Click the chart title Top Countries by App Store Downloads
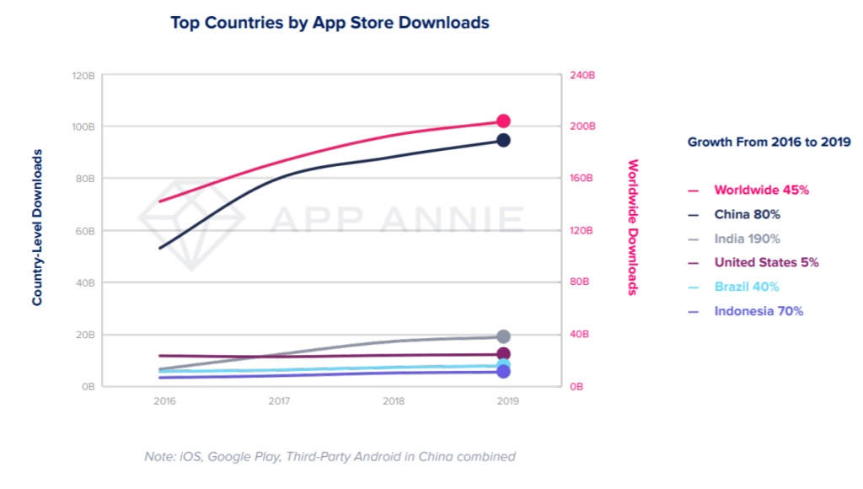coord(330,23)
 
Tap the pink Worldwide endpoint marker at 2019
coord(503,121)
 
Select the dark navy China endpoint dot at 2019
coord(503,140)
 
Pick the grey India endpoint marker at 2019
coord(503,336)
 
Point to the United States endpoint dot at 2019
coord(503,354)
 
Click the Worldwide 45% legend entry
coord(761,191)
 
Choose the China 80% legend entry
coord(747,215)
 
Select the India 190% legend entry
coord(747,239)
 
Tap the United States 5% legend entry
coord(766,263)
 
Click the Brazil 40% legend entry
coord(746,287)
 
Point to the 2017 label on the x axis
coord(278,402)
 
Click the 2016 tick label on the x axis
coord(164,402)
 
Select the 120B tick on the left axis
coord(83,75)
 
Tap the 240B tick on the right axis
coord(583,75)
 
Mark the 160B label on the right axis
coord(583,179)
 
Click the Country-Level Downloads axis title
coord(38,228)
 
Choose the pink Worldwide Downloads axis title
coord(633,228)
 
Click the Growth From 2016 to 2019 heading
coord(769,142)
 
